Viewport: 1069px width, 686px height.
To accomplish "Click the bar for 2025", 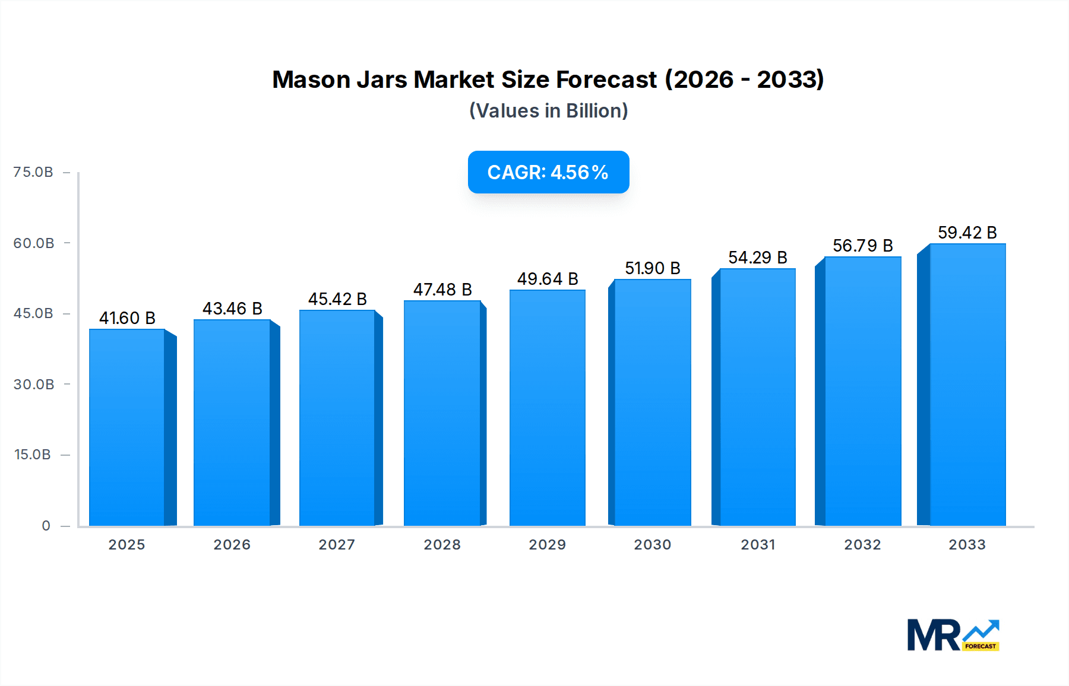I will click(x=127, y=427).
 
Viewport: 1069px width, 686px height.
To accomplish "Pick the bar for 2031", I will click(x=757, y=397).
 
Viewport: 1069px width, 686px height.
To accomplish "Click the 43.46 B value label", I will click(x=232, y=309).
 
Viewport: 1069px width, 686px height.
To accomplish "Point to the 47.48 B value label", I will click(x=442, y=290).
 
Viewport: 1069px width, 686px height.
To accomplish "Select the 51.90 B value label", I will click(x=652, y=268).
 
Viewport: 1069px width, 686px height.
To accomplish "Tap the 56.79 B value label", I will click(x=862, y=246).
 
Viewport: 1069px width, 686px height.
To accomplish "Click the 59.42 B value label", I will click(x=967, y=233).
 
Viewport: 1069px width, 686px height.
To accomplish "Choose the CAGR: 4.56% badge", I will click(x=548, y=172).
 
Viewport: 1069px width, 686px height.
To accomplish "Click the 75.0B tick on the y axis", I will click(x=33, y=172).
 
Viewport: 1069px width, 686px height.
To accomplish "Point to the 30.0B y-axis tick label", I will click(x=34, y=385).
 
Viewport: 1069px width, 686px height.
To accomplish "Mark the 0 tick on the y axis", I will click(x=46, y=526).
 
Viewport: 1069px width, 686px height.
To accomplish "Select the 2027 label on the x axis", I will click(x=337, y=545).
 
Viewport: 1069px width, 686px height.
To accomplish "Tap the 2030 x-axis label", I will click(x=652, y=545).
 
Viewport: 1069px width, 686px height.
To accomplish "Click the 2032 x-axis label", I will click(x=862, y=545).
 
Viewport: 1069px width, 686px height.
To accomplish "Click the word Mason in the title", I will click(x=311, y=80).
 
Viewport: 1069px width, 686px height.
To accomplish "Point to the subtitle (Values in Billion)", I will click(x=548, y=111).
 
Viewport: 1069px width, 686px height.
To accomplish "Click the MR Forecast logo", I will click(x=953, y=635).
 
